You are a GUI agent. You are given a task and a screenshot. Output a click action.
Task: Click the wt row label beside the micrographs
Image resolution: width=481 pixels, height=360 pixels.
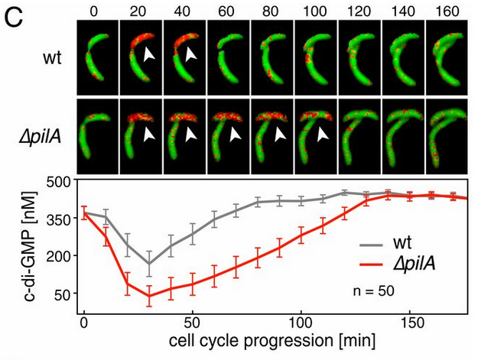[51, 56]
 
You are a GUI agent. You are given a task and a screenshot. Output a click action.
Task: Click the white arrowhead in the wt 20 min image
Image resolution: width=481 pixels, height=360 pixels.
[150, 55]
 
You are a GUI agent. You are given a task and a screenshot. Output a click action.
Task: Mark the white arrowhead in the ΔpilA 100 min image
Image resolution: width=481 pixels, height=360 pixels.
[324, 134]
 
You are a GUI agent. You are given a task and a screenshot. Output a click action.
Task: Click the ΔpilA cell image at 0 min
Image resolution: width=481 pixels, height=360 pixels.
[98, 137]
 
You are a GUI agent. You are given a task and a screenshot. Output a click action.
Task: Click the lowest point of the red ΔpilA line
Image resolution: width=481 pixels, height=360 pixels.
[149, 296]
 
